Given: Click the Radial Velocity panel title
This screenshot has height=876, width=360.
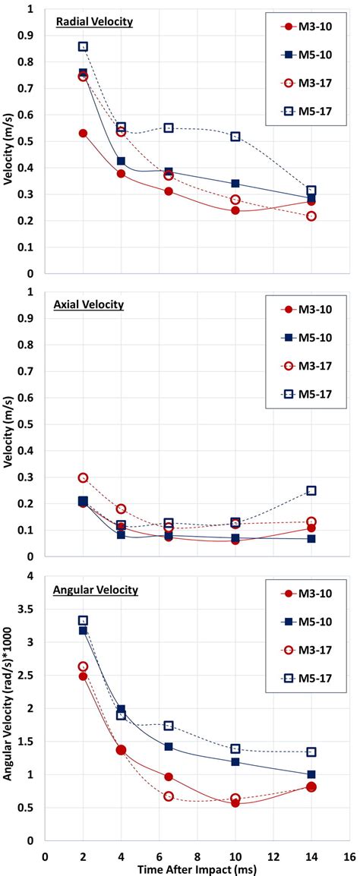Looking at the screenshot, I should point(94,22).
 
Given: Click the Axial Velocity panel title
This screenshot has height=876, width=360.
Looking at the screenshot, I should point(89,305).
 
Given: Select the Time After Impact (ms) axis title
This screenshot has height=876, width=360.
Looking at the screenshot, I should point(197,867).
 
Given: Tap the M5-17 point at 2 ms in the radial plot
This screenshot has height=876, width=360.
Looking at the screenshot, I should point(83,46).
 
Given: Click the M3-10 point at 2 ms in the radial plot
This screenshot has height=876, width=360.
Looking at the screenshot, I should point(83,134).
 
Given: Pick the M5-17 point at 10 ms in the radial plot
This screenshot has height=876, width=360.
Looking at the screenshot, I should point(235,137).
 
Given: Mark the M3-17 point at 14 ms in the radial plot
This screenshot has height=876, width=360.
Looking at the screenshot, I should point(311,216).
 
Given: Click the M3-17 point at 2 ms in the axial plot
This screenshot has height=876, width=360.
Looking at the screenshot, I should point(83,478).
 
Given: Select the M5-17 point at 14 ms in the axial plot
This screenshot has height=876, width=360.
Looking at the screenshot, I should point(311,491).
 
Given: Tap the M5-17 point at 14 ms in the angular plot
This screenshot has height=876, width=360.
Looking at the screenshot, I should point(311,752).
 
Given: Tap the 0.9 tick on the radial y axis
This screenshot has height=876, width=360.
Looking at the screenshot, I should point(30,36).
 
